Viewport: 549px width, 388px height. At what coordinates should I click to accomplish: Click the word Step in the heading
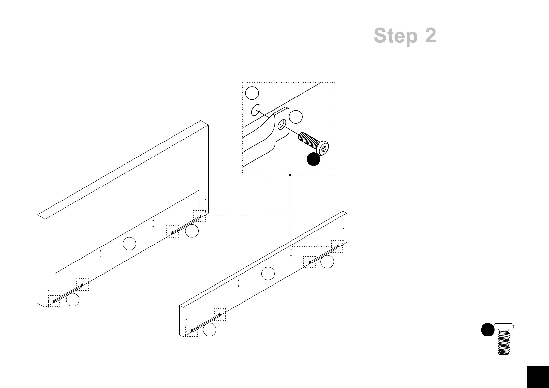coord(395,36)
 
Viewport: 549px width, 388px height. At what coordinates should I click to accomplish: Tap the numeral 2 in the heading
coord(430,36)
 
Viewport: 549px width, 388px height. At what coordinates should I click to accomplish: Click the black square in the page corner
coord(537,377)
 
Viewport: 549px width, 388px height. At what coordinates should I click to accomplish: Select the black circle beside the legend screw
coord(487,330)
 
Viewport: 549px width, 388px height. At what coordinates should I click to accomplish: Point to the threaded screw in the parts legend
coord(504,341)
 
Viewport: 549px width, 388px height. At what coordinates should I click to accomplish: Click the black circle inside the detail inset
coord(313,159)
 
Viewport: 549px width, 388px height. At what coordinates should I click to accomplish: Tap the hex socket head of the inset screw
coord(324,149)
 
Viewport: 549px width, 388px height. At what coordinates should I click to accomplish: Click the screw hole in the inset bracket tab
coord(282,125)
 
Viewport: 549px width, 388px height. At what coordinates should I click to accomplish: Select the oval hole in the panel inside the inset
coord(256,110)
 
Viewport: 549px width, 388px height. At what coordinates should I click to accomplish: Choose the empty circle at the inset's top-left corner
coord(252,93)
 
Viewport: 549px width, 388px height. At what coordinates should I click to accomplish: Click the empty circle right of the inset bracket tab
coord(296,117)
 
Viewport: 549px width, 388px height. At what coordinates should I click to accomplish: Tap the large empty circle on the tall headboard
coord(129,244)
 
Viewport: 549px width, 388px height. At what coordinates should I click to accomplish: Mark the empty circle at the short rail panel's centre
coord(268,274)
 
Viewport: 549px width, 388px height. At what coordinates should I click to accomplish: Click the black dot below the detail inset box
coord(290,175)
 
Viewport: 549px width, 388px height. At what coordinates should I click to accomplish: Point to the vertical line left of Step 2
coord(364,83)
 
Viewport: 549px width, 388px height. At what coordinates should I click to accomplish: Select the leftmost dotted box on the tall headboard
coord(54,301)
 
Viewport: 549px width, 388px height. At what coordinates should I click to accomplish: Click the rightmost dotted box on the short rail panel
coord(337,246)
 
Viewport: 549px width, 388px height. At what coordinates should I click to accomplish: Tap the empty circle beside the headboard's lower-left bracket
coord(72,300)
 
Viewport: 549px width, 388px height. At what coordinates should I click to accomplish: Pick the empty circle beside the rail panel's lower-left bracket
coord(210,330)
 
